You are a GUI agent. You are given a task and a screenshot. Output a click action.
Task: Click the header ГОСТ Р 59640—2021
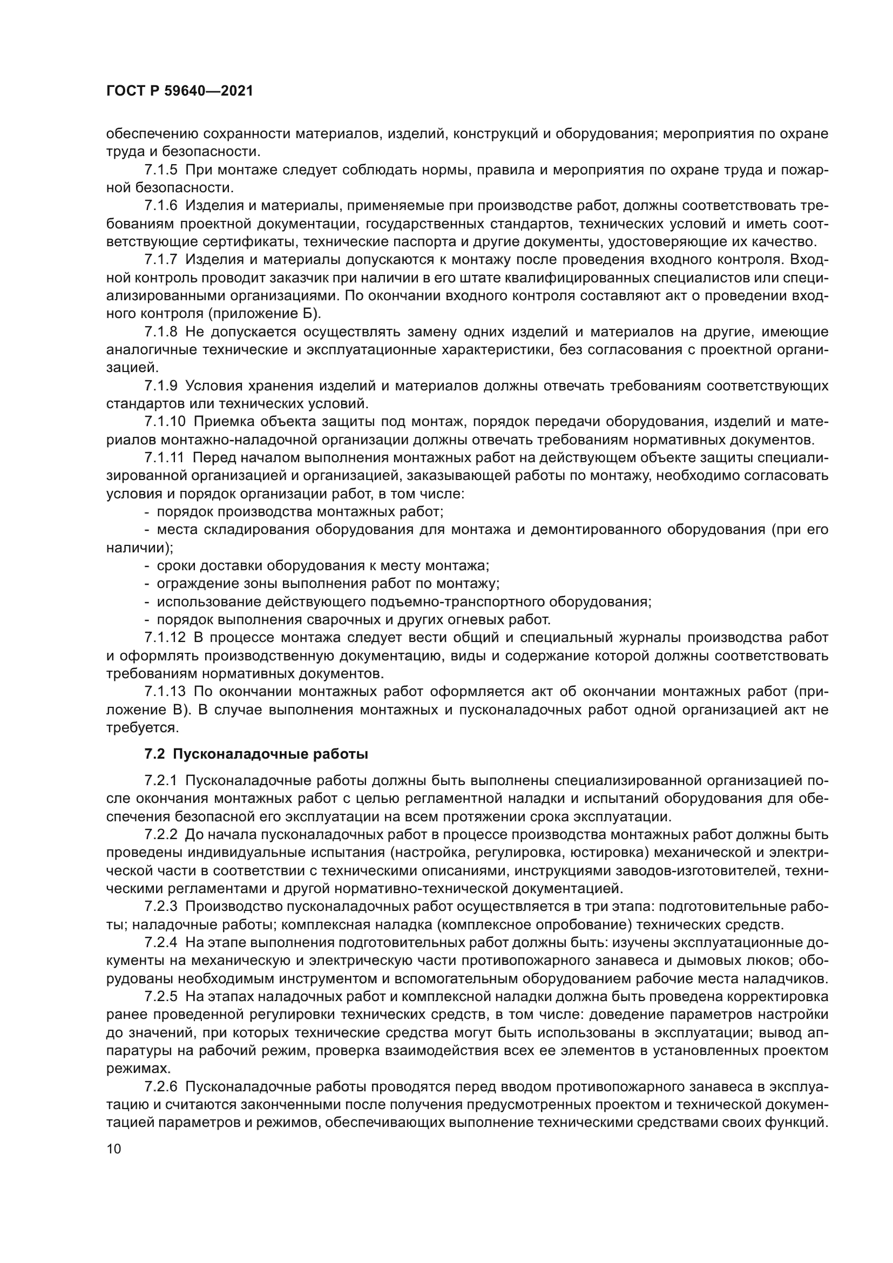(179, 91)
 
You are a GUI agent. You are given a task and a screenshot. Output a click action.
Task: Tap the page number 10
(114, 1149)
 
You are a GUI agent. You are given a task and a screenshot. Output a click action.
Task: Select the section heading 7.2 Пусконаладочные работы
(256, 754)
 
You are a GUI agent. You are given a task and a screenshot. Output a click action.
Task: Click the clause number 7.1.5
(161, 170)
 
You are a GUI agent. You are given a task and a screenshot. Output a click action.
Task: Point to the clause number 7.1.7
(161, 260)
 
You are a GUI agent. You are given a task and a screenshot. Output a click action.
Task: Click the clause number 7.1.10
(165, 422)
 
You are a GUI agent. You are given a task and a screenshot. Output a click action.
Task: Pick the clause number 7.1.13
(165, 692)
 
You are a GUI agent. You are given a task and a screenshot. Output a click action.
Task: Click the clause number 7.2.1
(161, 781)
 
